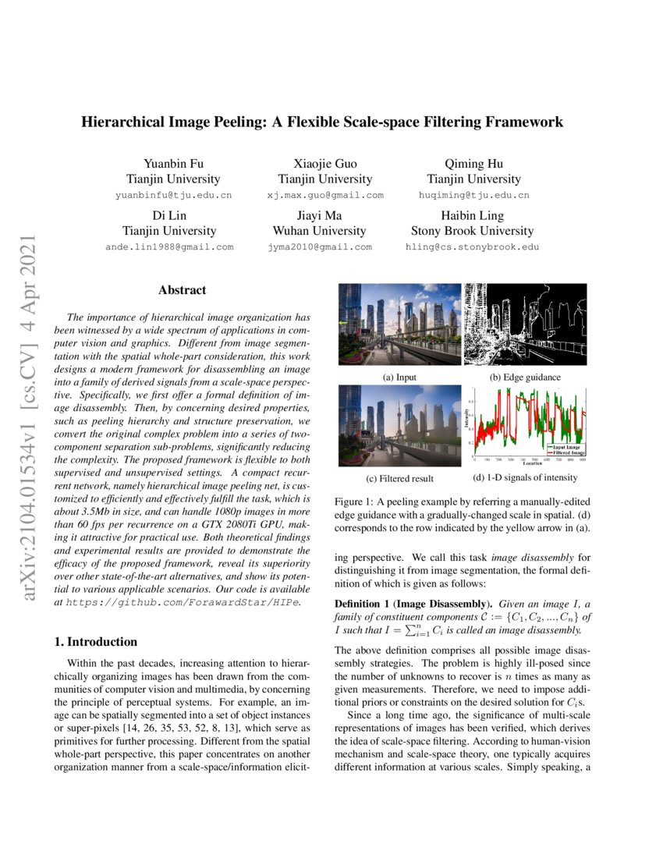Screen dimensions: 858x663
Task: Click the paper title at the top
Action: coord(323,122)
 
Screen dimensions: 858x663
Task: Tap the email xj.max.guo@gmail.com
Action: coord(324,195)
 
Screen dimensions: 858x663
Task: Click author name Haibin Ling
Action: coord(472,215)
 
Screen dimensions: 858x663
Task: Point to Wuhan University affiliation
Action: coord(319,231)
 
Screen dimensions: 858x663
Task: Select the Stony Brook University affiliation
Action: coord(472,231)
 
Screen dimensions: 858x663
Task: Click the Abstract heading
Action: coord(182,290)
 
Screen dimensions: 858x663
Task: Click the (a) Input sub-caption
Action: coord(399,378)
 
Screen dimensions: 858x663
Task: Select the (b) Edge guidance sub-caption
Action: coord(525,378)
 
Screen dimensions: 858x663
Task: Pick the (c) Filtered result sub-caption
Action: coord(399,478)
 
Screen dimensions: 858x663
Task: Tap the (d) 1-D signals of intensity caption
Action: coord(525,477)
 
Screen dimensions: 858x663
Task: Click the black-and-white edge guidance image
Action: coord(524,324)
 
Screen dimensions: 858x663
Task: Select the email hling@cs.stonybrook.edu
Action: coord(472,246)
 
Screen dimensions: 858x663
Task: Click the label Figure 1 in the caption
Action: coord(355,500)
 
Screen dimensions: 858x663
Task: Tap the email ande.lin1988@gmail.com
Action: coord(170,246)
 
